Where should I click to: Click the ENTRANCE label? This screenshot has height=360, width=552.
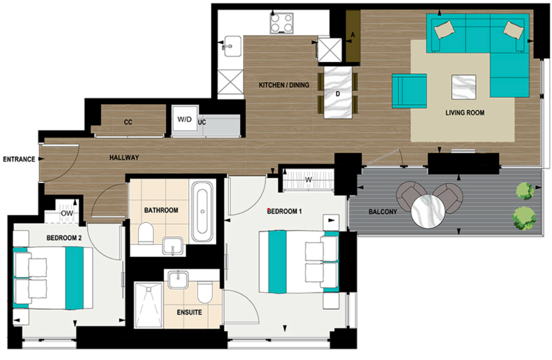[19, 159]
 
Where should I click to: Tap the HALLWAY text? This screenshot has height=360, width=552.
[124, 157]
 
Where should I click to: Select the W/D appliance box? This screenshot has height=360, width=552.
[184, 120]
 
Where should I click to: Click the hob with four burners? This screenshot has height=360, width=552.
[281, 22]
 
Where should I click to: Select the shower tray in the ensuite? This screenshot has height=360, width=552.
[149, 305]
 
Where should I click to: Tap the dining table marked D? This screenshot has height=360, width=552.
[338, 92]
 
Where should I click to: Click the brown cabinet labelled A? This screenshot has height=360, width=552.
[353, 36]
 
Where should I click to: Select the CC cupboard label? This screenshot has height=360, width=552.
[128, 122]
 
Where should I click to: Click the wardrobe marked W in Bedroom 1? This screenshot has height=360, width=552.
[309, 180]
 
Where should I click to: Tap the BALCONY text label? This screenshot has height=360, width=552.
[382, 212]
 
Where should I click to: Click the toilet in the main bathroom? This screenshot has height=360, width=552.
[145, 234]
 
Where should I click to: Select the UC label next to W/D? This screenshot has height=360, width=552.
[202, 122]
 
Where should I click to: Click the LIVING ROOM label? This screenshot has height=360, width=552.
[465, 113]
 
